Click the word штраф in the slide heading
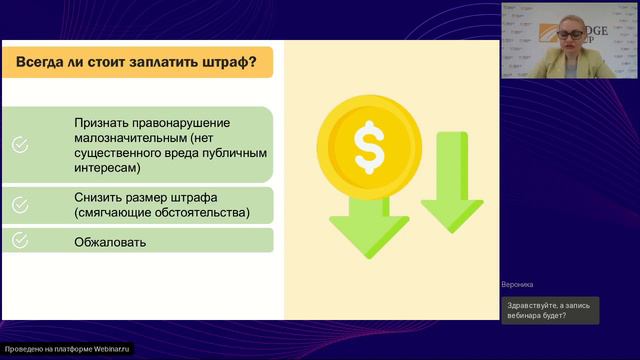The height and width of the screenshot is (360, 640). [x=221, y=64]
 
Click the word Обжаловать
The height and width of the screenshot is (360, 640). [x=110, y=242]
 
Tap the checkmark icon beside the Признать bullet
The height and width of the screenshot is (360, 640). [x=19, y=145]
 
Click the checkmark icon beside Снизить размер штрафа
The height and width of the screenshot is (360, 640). [x=19, y=205]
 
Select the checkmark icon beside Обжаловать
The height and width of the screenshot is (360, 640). [x=19, y=241]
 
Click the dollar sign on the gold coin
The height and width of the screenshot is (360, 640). [x=368, y=147]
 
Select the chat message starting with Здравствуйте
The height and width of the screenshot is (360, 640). [x=548, y=311]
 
